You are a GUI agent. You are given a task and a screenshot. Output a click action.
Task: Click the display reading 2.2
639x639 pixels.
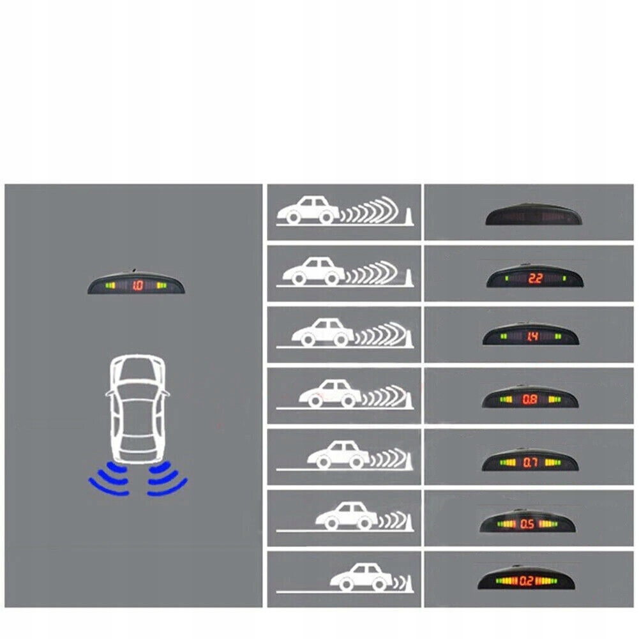coord(535,278)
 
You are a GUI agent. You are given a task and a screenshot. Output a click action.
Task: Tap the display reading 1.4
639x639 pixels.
coord(532,336)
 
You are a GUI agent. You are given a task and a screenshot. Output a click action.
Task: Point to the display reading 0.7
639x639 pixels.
coord(529,461)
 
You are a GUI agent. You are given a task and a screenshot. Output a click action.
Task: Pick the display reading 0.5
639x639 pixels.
coord(528,524)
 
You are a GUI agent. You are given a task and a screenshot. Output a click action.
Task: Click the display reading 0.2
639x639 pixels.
coord(526,582)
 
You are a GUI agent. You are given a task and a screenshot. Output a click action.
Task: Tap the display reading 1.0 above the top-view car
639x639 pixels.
coord(137,285)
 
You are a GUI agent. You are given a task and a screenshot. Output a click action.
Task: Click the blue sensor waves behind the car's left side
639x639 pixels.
coord(110,479)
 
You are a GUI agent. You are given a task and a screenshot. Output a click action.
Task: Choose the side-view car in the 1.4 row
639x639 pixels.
coord(322,331)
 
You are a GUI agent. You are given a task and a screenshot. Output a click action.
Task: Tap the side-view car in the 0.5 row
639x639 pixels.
coord(347,515)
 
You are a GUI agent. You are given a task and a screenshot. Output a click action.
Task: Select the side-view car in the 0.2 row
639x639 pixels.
coord(361,576)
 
